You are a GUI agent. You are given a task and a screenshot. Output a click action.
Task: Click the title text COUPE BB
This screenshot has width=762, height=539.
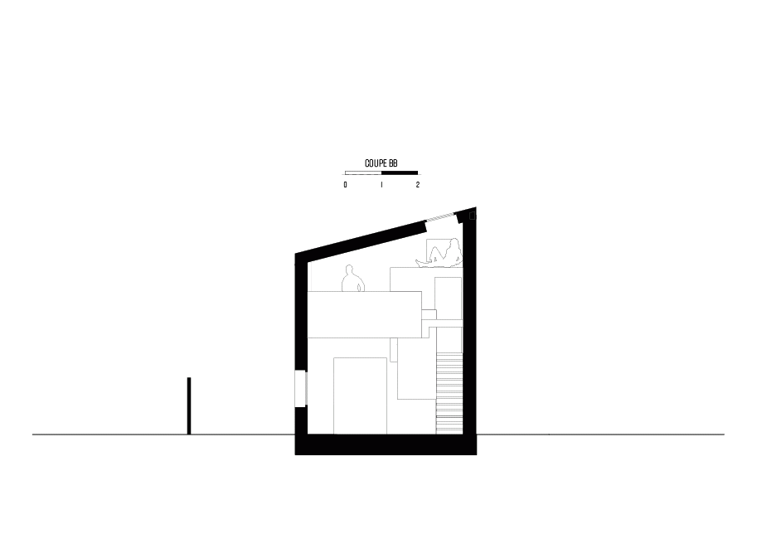[381, 163]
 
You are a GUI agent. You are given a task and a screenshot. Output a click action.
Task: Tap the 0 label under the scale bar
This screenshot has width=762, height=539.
[346, 185]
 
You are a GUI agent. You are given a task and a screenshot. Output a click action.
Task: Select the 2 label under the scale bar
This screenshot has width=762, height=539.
[417, 185]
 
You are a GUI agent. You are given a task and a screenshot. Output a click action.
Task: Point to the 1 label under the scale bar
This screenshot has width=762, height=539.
[381, 185]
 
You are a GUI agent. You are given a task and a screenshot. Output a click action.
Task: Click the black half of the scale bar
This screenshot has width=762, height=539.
[400, 172]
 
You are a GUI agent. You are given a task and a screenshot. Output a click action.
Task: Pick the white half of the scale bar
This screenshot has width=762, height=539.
[363, 172]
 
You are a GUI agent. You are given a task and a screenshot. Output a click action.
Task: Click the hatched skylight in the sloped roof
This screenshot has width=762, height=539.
[440, 217]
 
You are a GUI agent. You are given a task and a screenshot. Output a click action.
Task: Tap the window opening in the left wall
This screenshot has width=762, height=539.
[301, 388]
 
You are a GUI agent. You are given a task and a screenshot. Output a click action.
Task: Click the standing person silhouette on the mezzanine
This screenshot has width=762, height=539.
[352, 279]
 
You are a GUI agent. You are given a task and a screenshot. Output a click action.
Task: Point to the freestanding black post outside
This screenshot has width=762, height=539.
[189, 405]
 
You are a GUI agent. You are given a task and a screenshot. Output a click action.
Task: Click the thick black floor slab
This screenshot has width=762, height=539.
[386, 444]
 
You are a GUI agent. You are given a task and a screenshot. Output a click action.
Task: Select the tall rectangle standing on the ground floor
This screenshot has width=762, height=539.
[360, 396]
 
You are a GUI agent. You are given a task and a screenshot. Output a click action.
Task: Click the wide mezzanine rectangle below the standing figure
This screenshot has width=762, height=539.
[365, 314]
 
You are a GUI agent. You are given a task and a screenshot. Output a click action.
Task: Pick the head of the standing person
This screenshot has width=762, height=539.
[348, 269]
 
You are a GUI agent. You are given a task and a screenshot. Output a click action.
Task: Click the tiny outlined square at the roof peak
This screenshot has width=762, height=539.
[472, 216]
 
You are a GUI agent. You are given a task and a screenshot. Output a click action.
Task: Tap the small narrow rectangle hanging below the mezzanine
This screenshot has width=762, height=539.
[394, 350]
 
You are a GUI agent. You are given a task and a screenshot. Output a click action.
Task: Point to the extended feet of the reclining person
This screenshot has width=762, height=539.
[420, 263]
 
